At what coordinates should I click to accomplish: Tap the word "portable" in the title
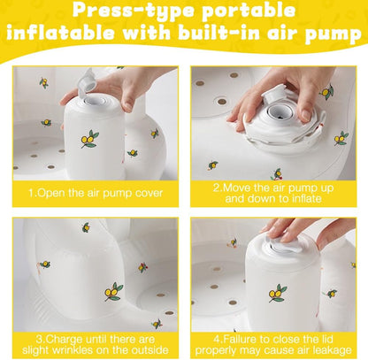click(x=249, y=11)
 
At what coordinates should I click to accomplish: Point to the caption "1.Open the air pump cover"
click(x=96, y=193)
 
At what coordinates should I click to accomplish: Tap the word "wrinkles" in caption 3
click(x=68, y=350)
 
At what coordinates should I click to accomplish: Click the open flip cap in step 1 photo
click(x=88, y=80)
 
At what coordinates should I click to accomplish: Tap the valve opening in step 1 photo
click(x=96, y=101)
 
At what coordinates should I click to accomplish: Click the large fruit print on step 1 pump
click(x=89, y=139)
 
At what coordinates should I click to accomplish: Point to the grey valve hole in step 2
click(x=278, y=111)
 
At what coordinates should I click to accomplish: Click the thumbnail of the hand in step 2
click(x=306, y=115)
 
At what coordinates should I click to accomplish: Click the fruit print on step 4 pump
click(x=277, y=294)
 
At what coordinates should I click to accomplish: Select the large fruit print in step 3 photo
click(x=114, y=292)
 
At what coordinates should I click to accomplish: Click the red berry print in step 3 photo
click(x=142, y=267)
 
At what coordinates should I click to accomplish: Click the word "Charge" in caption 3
click(x=65, y=339)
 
